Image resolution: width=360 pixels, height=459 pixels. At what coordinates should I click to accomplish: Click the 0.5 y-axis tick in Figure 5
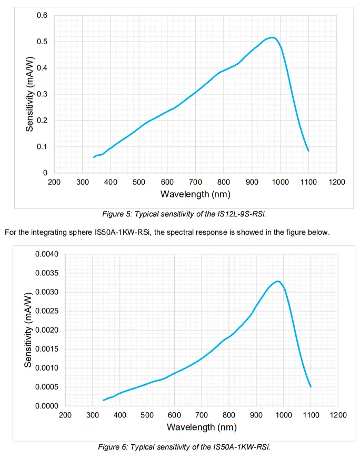click(x=42, y=42)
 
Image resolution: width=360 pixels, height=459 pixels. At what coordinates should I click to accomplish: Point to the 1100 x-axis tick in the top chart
click(x=308, y=182)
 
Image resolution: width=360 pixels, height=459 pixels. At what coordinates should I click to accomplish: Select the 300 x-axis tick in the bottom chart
click(x=92, y=415)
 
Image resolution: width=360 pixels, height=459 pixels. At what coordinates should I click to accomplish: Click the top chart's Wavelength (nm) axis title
click(x=195, y=194)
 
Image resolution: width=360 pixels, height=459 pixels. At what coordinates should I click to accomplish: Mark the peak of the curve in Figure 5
click(x=272, y=37)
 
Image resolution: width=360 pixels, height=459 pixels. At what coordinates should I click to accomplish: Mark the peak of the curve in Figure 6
click(x=277, y=281)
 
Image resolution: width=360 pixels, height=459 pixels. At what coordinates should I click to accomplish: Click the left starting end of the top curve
click(x=94, y=157)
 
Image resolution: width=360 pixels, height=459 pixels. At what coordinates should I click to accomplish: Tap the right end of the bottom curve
click(x=311, y=386)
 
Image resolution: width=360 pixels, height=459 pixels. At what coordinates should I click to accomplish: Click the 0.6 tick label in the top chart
click(x=42, y=15)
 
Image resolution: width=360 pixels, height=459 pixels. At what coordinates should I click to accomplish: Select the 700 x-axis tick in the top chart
click(x=195, y=182)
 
